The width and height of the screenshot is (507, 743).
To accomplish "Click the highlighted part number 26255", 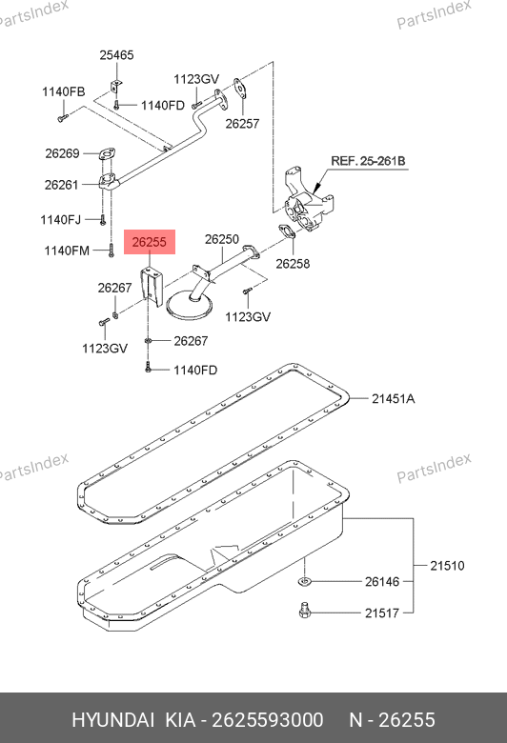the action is [x=150, y=242].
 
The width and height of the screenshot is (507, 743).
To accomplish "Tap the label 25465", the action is [x=116, y=55].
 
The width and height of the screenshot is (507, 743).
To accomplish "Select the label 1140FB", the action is [x=64, y=92].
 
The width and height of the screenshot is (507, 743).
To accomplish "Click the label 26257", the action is [x=242, y=124].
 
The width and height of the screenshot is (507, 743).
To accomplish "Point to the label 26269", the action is [x=62, y=153].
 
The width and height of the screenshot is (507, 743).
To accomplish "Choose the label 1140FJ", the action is [x=61, y=220].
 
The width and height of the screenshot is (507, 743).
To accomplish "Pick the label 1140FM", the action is [x=67, y=251].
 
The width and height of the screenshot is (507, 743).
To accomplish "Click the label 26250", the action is [x=222, y=239].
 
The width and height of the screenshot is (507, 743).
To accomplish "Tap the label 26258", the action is [x=293, y=264].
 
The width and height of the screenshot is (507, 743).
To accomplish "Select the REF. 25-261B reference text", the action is [x=368, y=161].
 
